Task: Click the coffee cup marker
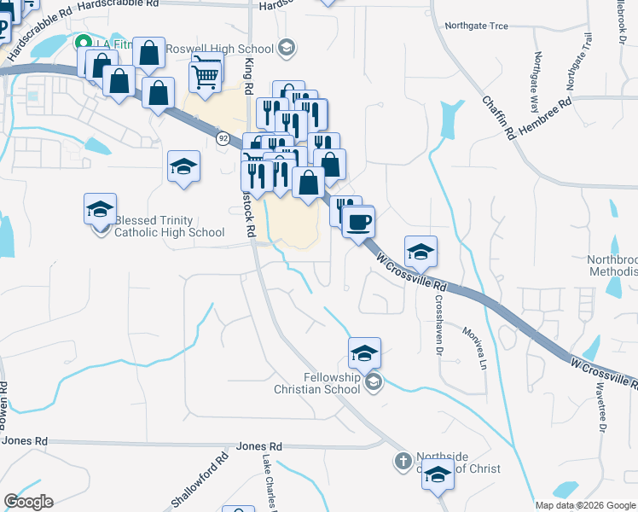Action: pos(358,220)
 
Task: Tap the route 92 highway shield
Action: pos(223,137)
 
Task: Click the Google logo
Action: pos(28,502)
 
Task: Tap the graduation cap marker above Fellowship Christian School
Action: pos(364,352)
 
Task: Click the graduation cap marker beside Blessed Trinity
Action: pos(100,207)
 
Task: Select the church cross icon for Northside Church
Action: pos(403,462)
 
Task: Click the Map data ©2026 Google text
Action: pos(586,504)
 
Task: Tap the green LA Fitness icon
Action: pos(84,43)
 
